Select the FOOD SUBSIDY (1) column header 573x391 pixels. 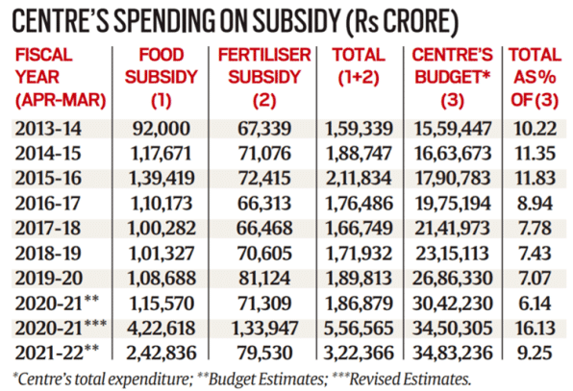pos(162,78)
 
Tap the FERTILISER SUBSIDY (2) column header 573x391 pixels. pos(264,78)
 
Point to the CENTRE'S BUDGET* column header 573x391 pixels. pos(453,78)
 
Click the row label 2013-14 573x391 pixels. pos(48,129)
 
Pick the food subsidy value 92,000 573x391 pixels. pos(162,129)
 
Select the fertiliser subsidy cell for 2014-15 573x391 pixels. pos(264,154)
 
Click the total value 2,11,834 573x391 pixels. pos(359,178)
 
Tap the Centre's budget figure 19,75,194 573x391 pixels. pos(453,204)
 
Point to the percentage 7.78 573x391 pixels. pos(535,229)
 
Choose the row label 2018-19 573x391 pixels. pos(48,254)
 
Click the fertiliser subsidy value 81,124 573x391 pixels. pos(264,279)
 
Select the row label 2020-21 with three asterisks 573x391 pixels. pos(61,327)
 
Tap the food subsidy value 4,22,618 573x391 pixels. pos(162,329)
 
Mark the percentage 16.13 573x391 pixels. pos(536,329)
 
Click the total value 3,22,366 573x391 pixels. pos(359,353)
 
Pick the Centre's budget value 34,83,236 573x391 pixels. pos(453,353)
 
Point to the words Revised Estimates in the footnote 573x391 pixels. pos(411,379)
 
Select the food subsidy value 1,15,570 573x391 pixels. pos(162,304)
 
